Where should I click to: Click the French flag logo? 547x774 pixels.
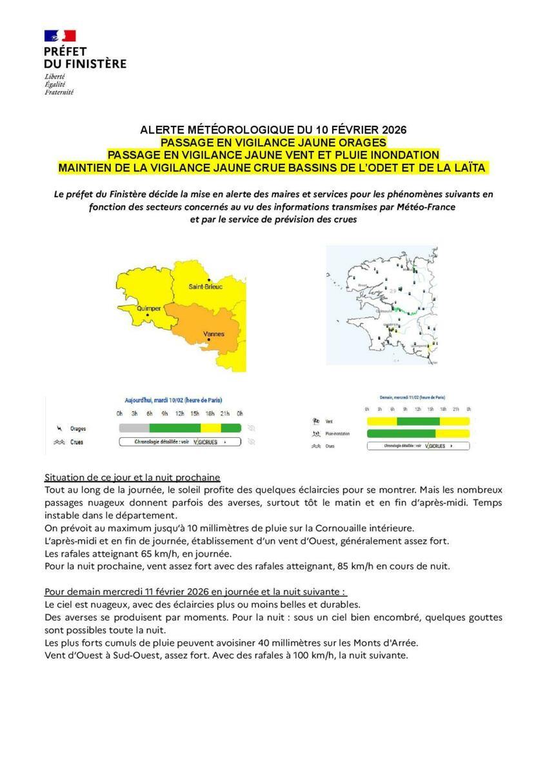tap(60, 36)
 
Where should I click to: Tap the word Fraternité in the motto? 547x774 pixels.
tap(59, 92)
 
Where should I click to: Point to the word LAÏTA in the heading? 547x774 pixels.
tap(468, 168)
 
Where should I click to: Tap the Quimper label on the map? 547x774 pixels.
tap(149, 308)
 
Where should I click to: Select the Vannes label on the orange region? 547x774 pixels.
tap(214, 333)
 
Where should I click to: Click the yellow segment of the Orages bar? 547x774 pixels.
tap(211, 428)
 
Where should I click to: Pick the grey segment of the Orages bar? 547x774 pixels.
tap(134, 428)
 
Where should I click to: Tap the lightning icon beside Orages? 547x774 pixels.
tap(60, 428)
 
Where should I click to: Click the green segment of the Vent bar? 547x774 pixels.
tap(417, 421)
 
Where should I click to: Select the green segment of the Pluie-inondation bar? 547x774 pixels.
tap(401, 433)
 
